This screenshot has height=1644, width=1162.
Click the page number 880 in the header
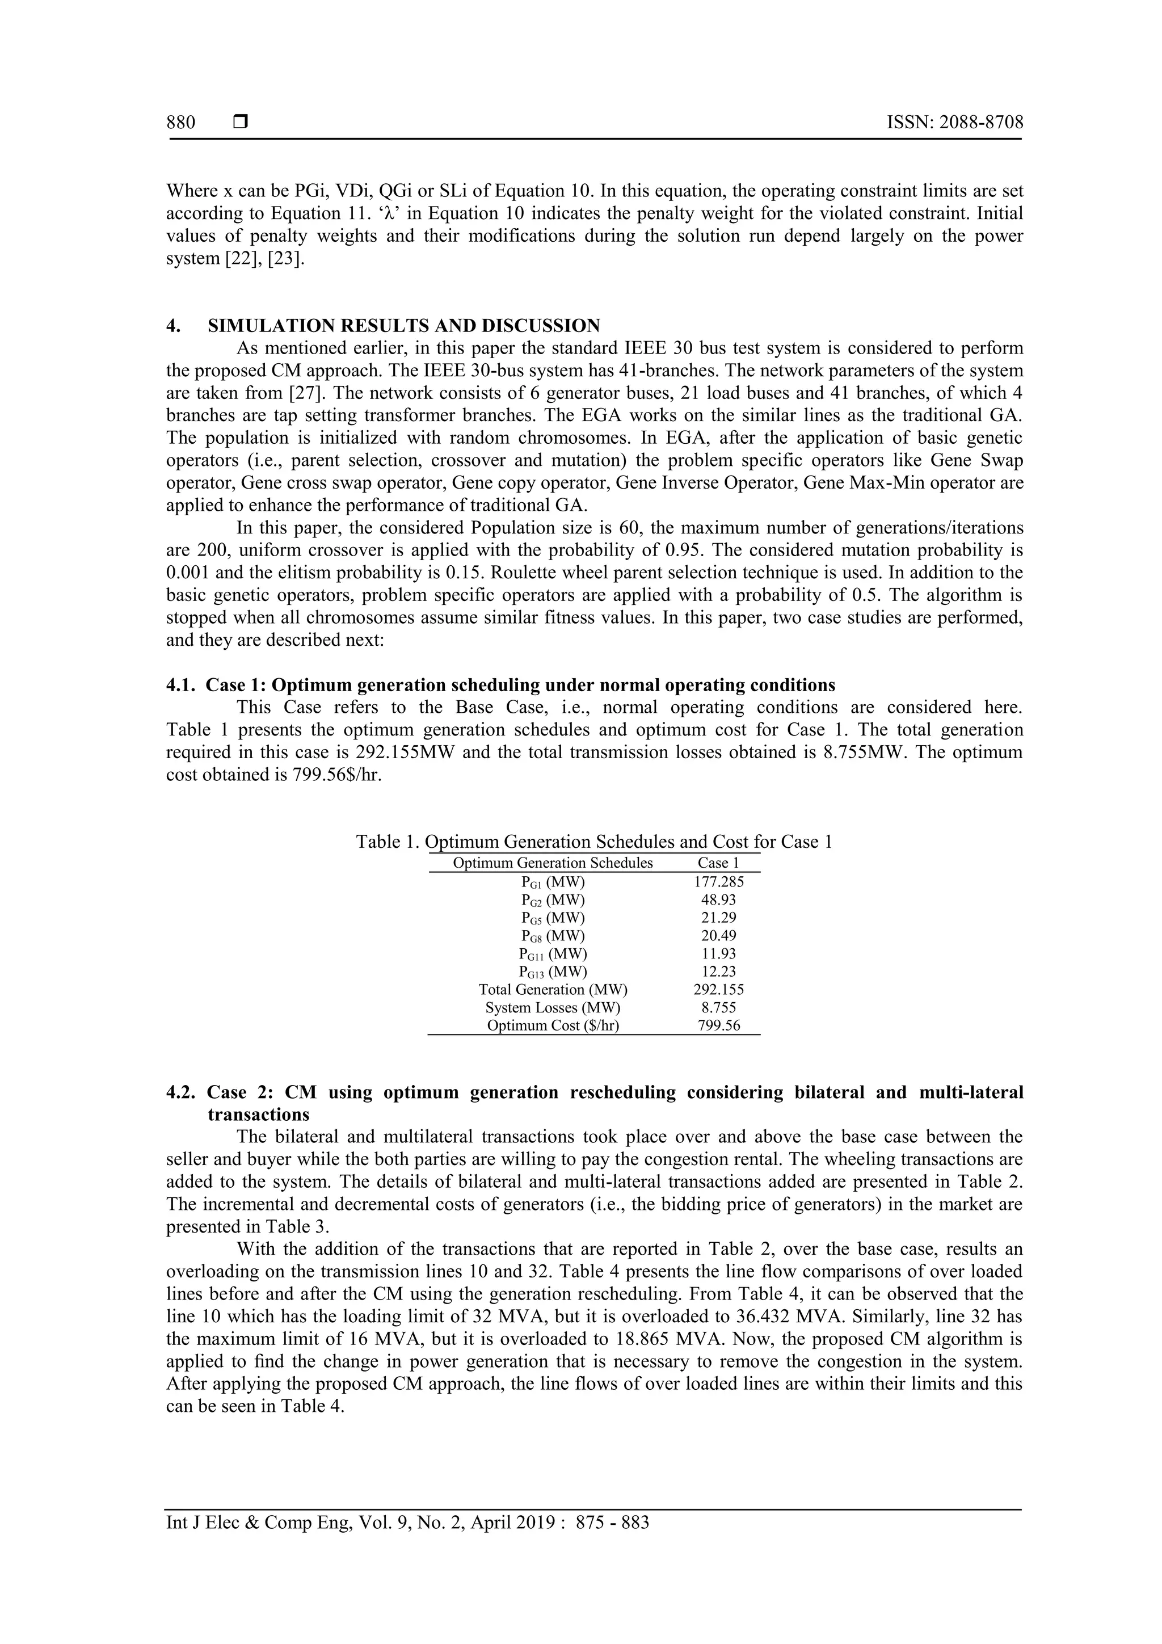(180, 123)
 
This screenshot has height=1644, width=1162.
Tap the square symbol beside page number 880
(241, 123)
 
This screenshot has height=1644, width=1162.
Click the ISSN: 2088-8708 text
(954, 123)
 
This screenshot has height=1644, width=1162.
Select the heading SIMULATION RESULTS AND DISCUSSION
(404, 326)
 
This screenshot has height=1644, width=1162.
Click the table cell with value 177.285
(718, 882)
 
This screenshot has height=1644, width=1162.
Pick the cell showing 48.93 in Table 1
(718, 900)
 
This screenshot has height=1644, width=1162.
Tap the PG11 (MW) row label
(553, 954)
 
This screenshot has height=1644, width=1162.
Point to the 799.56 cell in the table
(718, 1025)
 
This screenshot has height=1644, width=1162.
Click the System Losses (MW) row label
(553, 1007)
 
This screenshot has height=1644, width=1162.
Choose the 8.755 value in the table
(718, 1007)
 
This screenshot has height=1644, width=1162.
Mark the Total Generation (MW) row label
(553, 990)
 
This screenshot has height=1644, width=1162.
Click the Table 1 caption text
(593, 842)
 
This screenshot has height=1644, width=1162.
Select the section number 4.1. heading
(181, 686)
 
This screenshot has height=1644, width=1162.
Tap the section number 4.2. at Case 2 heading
(181, 1092)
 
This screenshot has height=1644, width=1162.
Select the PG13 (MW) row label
(553, 972)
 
